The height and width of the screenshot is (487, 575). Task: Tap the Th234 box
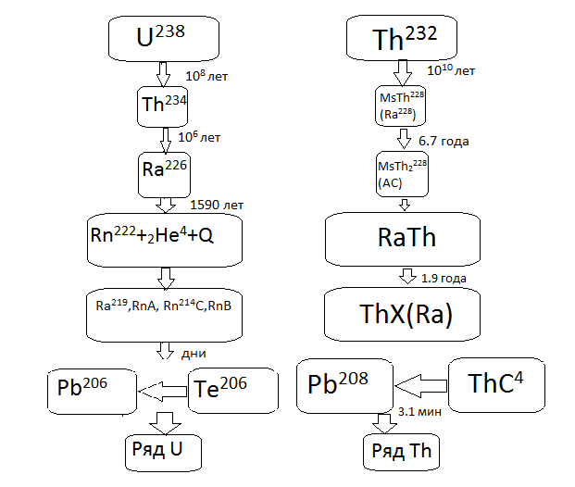(165, 105)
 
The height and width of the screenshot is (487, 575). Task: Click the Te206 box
(234, 391)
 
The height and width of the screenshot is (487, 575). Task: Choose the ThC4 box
(495, 383)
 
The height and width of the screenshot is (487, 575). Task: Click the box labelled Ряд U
(165, 451)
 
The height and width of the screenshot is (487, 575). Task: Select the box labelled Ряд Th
(401, 452)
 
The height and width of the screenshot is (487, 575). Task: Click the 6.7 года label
(444, 142)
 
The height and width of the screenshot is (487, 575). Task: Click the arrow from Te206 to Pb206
(163, 392)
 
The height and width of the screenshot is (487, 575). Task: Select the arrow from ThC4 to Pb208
(420, 381)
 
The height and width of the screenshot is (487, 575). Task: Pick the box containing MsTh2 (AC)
(402, 174)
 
